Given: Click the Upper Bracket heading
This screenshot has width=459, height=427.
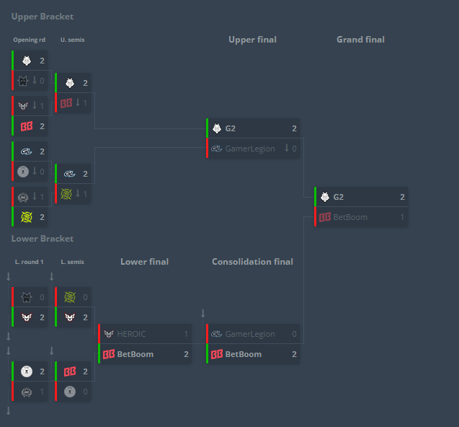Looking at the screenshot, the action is coord(43,17).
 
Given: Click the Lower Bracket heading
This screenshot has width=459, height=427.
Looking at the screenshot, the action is coord(43,239).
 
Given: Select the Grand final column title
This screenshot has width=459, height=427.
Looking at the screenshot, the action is coord(360,40).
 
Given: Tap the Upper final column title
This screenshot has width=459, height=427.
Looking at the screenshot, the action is coord(252,40).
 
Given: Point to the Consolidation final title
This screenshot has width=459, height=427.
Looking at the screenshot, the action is coord(252,262).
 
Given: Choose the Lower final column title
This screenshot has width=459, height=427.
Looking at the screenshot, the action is coord(145,262).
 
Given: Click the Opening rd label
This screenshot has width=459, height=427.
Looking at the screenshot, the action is coord(30,40).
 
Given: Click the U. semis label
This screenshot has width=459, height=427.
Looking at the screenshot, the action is coord(72,40).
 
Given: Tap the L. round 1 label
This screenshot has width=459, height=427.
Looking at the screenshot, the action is coord(30,262).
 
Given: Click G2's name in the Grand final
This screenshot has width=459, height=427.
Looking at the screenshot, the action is coord(339,197).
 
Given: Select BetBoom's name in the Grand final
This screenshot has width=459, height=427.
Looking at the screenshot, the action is coord(350,217).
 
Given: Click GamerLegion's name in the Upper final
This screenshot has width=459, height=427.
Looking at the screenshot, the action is coord(250,149).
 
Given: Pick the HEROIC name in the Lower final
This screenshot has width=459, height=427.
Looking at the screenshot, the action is coord(131,334).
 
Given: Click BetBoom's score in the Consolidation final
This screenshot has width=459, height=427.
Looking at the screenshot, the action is coord(294,354).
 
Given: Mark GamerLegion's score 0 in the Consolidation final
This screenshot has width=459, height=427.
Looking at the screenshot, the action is coord(294,334).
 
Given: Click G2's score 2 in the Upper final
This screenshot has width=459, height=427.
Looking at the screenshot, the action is coord(294,128).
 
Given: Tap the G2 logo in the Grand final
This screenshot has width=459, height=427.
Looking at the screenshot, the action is coord(325,197).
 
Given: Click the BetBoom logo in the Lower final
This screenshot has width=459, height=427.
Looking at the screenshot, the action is coord(109,354).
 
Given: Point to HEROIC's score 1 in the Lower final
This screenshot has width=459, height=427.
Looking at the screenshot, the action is coord(186,334).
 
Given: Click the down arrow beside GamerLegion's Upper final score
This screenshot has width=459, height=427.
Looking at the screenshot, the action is coord(287,148).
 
